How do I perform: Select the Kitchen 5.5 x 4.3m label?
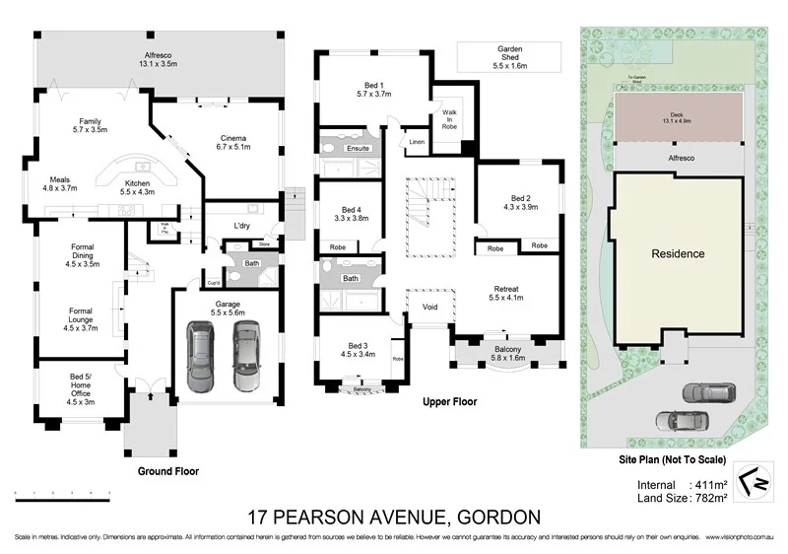[x=137, y=189]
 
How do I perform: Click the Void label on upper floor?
[x=429, y=307]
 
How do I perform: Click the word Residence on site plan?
[x=678, y=253]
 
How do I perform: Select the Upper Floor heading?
[x=449, y=402]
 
